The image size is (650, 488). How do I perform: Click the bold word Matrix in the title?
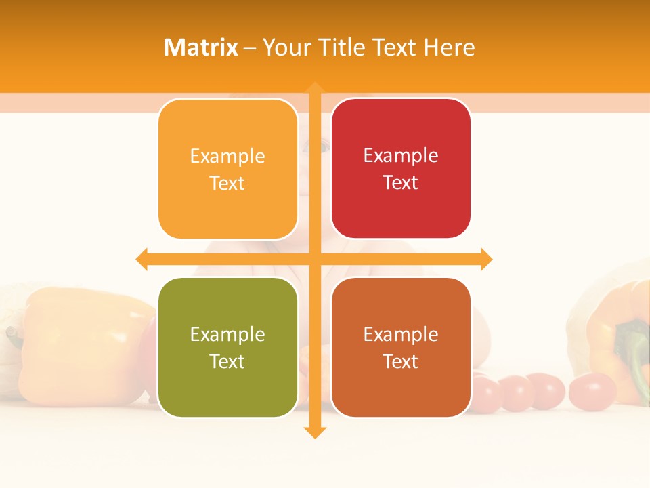tap(200, 47)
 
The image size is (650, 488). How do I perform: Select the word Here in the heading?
tap(450, 47)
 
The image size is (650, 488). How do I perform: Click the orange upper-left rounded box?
tap(227, 169)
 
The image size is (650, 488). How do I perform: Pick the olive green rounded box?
tap(227, 348)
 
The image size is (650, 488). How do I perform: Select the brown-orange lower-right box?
tap(401, 348)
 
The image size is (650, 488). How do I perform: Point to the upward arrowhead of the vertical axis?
tap(314, 88)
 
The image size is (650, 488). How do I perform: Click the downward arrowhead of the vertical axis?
tap(314, 432)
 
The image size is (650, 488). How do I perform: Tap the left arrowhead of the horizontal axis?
tap(142, 259)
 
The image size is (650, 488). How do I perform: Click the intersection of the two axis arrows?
tap(314, 259)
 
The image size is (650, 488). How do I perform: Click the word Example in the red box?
tap(401, 155)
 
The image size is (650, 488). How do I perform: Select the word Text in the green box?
tap(227, 361)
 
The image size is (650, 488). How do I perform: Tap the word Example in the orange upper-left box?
tap(227, 156)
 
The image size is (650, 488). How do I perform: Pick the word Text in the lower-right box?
tap(401, 361)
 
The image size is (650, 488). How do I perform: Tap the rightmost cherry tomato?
tap(592, 392)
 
